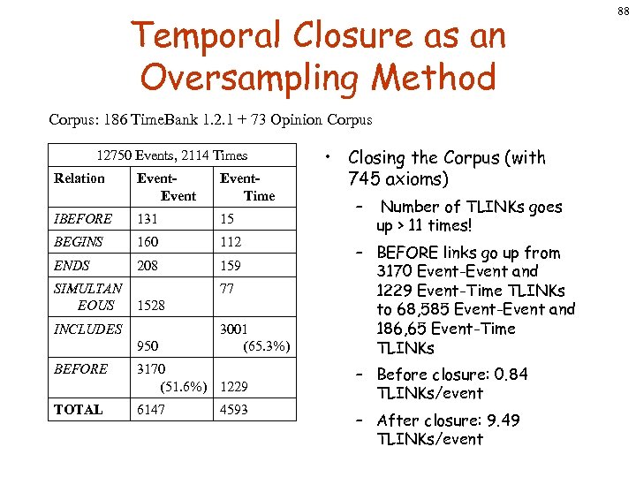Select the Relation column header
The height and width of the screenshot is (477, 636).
[79, 178]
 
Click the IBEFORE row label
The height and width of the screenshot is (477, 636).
[83, 219]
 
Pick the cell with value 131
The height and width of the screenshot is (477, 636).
[148, 219]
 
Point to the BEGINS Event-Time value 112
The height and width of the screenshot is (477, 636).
[231, 242]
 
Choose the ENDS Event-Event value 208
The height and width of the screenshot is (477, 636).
[148, 265]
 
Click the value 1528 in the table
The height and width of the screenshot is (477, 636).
[152, 306]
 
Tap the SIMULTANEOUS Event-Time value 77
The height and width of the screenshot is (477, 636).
[228, 288]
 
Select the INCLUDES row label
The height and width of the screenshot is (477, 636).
[88, 329]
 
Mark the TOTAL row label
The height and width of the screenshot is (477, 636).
[79, 410]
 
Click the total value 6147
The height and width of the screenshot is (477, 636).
[151, 410]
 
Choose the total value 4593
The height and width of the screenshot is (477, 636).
[234, 410]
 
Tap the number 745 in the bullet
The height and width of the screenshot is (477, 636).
[364, 179]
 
